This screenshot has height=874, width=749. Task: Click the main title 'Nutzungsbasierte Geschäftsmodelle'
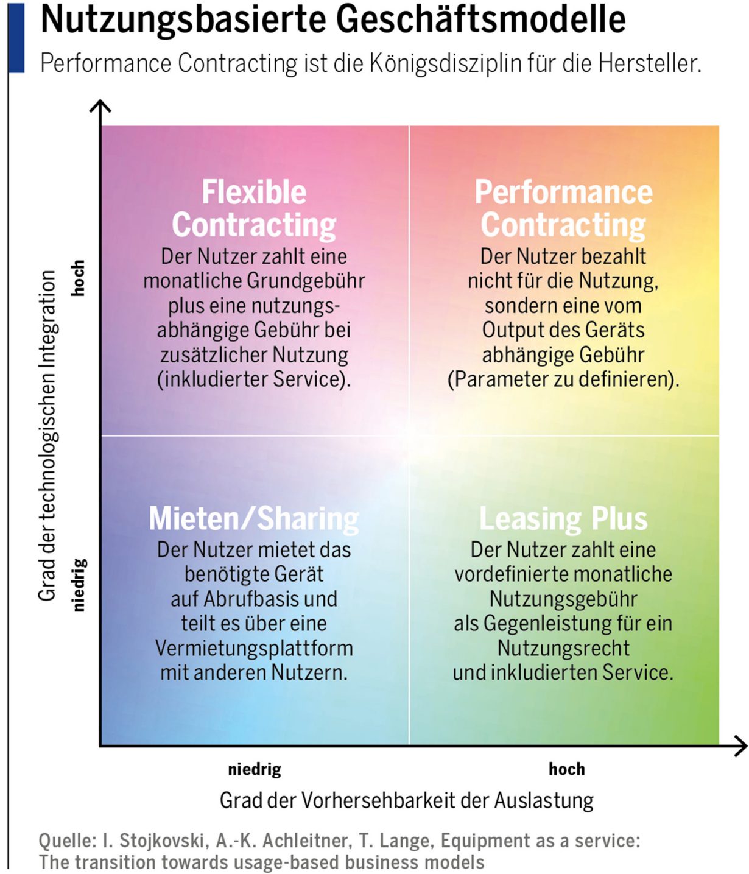coord(333,20)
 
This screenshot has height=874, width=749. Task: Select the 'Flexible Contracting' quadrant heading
coord(253,208)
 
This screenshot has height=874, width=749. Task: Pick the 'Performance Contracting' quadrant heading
coord(563,208)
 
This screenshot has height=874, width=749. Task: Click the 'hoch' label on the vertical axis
coord(78,278)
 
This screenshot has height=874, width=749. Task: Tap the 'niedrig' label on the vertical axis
coord(79,585)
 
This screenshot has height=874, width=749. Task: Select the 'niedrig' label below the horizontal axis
coord(255,769)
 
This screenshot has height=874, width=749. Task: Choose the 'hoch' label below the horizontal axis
coord(567,769)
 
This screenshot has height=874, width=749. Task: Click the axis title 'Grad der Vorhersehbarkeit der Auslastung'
coord(407,800)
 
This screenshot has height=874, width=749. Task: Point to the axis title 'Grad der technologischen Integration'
coord(47,435)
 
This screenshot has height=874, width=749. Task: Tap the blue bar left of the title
coord(16,37)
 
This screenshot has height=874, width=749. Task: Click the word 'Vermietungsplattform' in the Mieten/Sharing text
coord(254,648)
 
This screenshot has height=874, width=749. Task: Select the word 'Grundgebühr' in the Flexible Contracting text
coord(306,281)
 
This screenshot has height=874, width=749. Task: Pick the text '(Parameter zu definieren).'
coord(563,379)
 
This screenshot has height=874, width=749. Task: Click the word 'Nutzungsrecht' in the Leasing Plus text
coord(563,648)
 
